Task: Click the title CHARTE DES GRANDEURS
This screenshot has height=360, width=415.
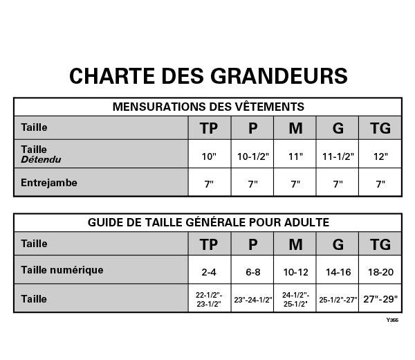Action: pyautogui.click(x=207, y=75)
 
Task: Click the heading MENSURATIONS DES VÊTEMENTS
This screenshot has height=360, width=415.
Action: pyautogui.click(x=207, y=107)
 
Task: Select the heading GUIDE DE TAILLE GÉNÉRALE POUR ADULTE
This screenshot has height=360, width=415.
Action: pyautogui.click(x=207, y=222)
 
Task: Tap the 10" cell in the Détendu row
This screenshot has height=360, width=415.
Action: pyautogui.click(x=209, y=156)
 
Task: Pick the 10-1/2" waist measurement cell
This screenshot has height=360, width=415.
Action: pyautogui.click(x=252, y=156)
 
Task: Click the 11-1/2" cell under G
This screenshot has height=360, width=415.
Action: pyautogui.click(x=338, y=156)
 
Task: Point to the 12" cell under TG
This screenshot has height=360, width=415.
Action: pyautogui.click(x=380, y=156)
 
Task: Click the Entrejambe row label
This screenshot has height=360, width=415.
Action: pyautogui.click(x=49, y=183)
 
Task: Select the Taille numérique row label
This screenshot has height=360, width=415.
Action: pyautogui.click(x=62, y=269)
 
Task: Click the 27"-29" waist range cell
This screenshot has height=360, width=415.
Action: pyautogui.click(x=380, y=299)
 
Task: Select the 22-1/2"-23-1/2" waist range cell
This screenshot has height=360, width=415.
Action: pyautogui.click(x=209, y=299)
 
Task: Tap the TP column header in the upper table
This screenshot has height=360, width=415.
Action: pyautogui.click(x=209, y=128)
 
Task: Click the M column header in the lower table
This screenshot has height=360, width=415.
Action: pyautogui.click(x=295, y=244)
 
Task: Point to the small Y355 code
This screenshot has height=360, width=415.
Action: pyautogui.click(x=392, y=320)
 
